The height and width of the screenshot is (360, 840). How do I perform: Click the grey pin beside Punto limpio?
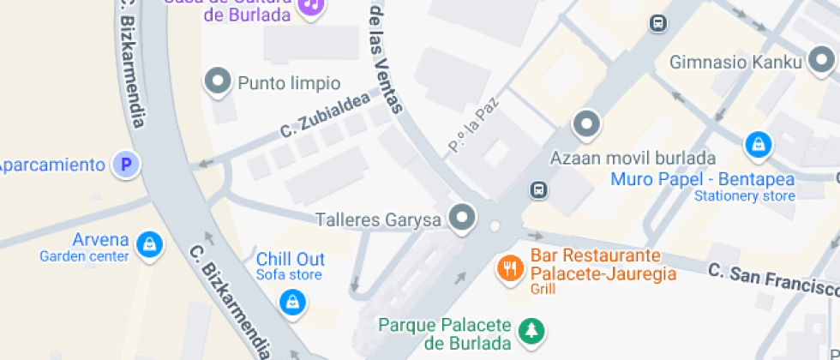tap(218, 81)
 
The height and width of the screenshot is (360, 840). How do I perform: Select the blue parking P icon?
tap(127, 165)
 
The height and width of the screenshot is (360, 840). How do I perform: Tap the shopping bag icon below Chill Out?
tap(293, 301)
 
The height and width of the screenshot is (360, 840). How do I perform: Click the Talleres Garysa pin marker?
tap(464, 218)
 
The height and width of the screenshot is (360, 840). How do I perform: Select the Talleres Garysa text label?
tap(378, 219)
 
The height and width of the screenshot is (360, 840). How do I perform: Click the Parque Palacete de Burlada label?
tap(445, 334)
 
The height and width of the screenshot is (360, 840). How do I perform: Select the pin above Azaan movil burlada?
tap(586, 124)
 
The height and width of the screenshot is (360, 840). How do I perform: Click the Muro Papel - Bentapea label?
tap(702, 180)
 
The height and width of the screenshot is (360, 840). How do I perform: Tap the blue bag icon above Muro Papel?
tap(758, 145)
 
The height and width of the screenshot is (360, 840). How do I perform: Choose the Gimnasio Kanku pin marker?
tap(822, 60)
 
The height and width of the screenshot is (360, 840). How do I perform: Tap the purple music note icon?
tap(310, 5)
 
